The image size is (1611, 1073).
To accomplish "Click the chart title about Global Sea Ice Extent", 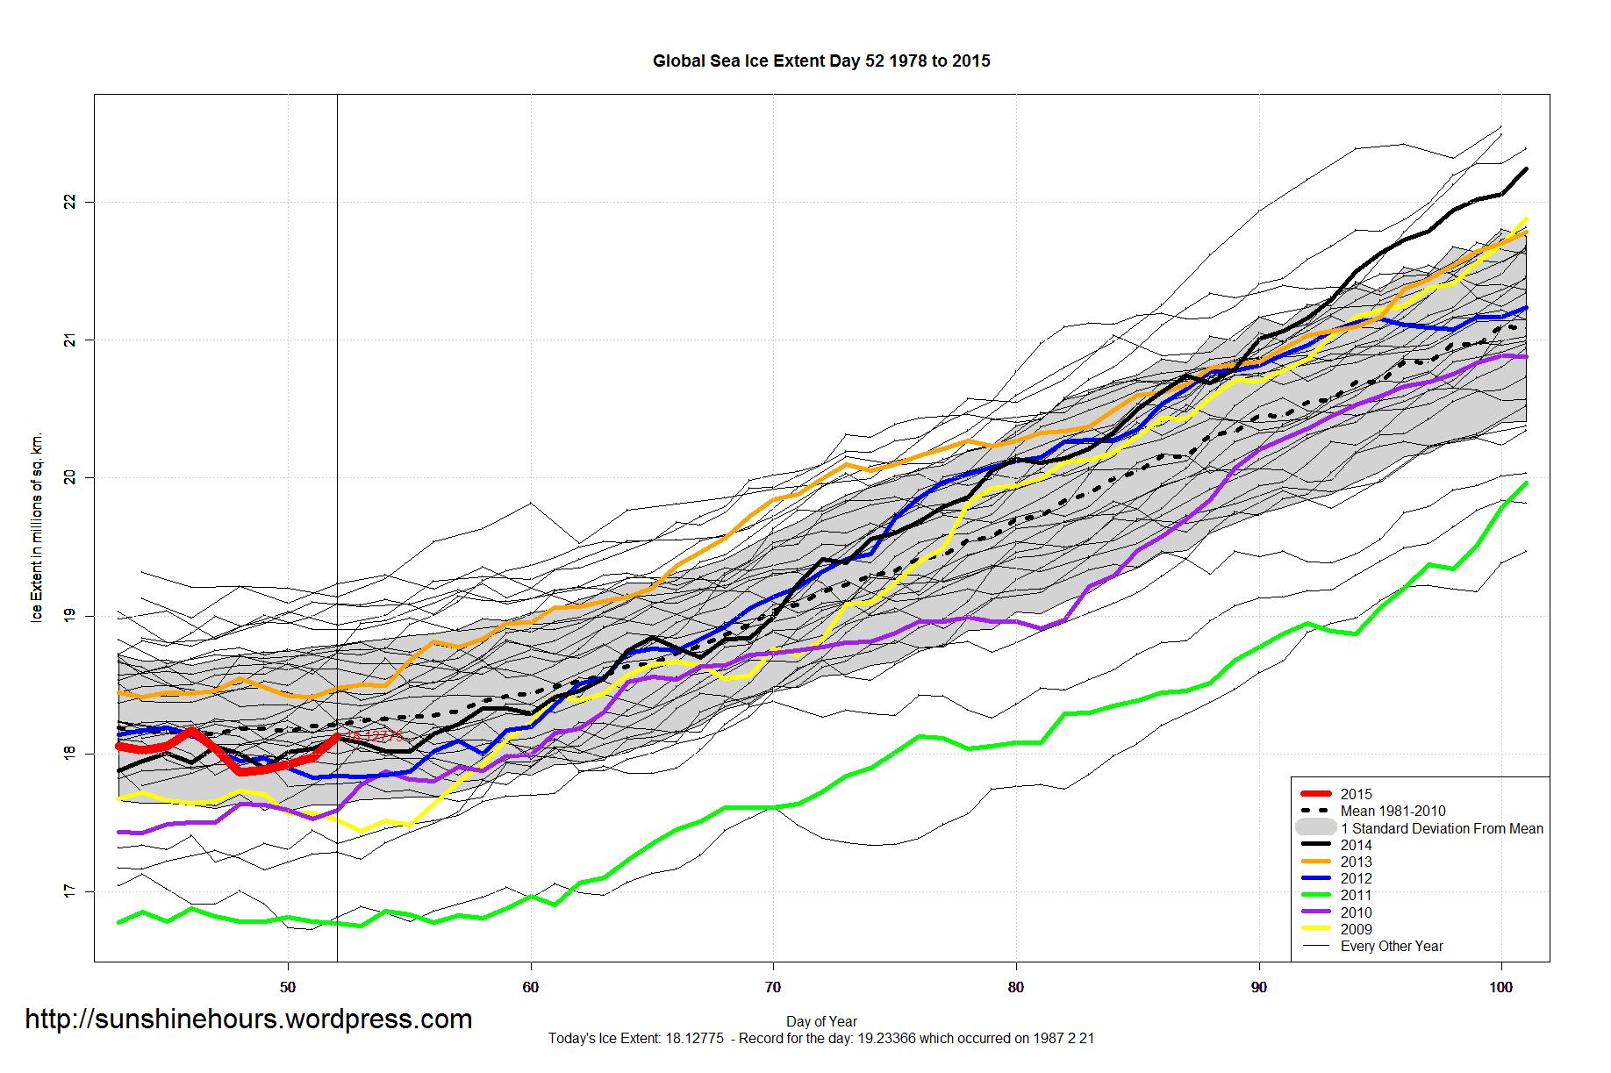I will (821, 61).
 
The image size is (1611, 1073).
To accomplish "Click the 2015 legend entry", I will (1356, 794).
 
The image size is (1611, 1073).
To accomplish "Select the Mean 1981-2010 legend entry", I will (1393, 811).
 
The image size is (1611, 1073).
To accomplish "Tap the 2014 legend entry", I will (1356, 845).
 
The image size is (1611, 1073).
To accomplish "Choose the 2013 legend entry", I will (1356, 862).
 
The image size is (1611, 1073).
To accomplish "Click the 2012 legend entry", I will (1356, 878).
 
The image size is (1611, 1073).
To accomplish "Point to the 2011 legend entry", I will (1356, 895).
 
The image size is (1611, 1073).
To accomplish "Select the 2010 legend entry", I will (1356, 912).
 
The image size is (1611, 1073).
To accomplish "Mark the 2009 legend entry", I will (1356, 929).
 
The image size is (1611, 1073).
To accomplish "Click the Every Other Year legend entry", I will (1391, 946).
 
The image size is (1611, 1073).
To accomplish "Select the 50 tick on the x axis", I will (288, 987).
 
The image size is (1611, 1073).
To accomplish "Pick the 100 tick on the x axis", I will (1500, 987).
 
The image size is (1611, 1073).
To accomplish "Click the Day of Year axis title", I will (821, 1021).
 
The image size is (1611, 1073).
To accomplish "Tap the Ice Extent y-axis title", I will (37, 527).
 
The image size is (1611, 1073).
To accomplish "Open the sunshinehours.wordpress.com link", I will (248, 1019).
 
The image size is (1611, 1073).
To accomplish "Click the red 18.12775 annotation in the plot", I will (376, 736).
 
